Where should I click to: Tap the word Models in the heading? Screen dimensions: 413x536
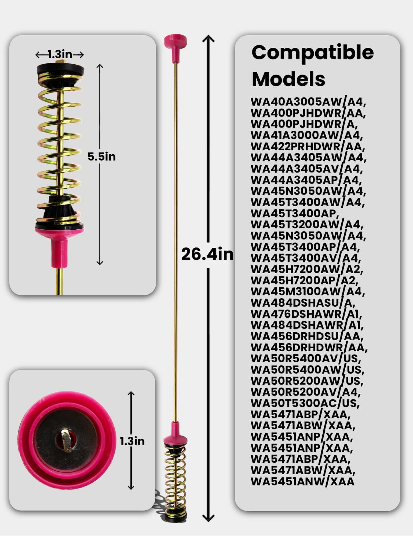pos(288,79)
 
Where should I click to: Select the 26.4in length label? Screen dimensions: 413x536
pos(207,254)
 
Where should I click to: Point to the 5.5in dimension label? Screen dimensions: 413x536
pos(102,157)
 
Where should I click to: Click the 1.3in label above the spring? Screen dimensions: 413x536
pos(60,55)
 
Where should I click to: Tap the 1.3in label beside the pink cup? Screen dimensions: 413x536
pos(132,441)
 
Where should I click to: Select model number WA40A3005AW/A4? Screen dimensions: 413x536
pos(309,102)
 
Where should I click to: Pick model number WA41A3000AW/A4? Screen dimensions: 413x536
pos(307,135)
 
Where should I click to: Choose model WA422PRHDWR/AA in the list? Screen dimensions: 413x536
pos(308,147)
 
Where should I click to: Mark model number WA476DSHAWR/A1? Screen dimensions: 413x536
pos(307,314)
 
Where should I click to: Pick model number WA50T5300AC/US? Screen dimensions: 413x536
pos(305,403)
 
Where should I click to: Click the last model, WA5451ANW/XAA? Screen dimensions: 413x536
pos(303,481)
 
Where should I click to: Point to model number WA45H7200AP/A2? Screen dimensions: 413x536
pos(305,280)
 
